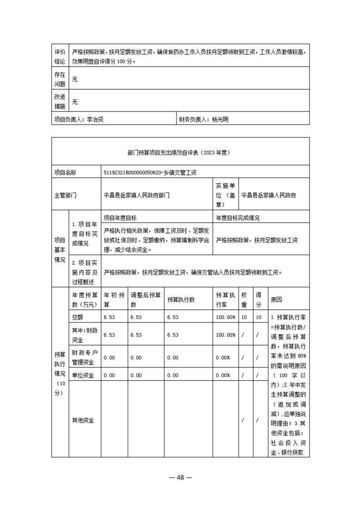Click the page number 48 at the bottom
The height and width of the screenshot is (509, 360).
coord(180,477)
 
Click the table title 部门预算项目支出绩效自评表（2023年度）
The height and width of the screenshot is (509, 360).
coord(180,153)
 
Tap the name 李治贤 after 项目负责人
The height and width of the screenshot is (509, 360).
coord(95,120)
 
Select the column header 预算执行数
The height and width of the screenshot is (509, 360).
coord(181,300)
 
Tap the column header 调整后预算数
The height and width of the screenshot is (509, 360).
coord(145,300)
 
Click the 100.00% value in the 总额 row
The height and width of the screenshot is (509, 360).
coord(226,317)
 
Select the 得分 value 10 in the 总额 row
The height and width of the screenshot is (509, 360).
coord(258,317)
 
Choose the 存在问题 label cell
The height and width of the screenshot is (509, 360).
coord(60,79)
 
